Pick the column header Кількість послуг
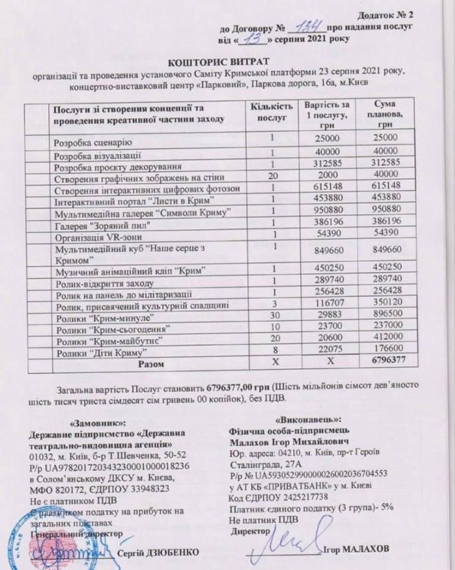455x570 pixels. pos(270,113)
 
